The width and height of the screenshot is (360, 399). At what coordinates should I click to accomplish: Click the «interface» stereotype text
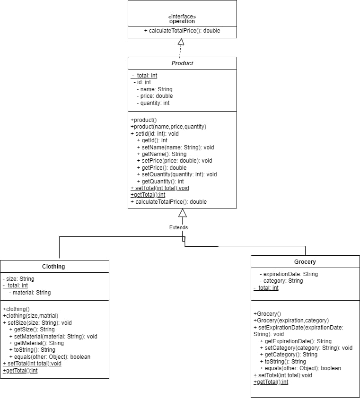(182, 16)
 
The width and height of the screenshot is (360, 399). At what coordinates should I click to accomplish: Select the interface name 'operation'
(182, 21)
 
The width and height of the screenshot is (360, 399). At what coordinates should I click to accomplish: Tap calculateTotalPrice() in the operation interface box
(182, 31)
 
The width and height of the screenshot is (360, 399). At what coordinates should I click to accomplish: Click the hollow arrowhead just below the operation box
(181, 42)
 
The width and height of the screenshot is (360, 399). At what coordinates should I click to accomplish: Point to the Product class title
(182, 63)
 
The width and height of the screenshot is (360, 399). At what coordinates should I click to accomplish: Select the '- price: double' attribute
(154, 96)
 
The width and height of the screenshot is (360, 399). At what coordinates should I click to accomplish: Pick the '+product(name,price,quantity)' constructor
(168, 127)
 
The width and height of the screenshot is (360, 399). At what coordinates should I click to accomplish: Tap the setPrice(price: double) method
(174, 161)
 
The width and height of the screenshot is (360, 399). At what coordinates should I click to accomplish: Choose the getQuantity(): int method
(160, 181)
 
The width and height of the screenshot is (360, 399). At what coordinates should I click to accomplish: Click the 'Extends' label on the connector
(178, 227)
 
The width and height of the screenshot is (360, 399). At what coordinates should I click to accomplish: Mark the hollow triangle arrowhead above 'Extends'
(182, 213)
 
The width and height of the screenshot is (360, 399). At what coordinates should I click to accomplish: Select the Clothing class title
(53, 266)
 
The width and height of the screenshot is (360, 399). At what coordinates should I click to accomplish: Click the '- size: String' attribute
(18, 279)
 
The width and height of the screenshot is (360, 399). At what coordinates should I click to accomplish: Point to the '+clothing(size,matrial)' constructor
(30, 316)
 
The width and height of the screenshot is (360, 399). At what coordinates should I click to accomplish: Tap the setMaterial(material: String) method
(53, 337)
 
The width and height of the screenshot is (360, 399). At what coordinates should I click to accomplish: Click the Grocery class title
(305, 261)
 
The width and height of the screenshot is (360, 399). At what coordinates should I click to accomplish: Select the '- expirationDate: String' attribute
(289, 274)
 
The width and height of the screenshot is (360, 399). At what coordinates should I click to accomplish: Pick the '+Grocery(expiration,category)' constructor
(291, 321)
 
